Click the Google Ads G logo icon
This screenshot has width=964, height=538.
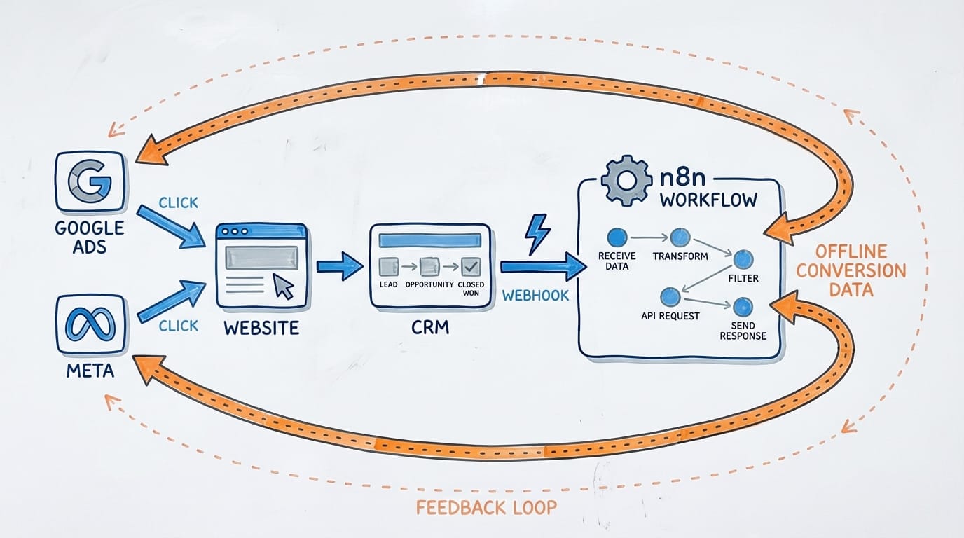point(90,183)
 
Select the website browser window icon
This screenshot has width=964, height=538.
point(261,266)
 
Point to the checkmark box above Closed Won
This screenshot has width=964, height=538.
point(470,266)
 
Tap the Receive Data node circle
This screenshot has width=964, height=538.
point(617,237)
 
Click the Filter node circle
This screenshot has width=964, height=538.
point(743,260)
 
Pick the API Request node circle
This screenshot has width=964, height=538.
point(670,297)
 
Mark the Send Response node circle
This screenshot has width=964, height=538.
point(743,308)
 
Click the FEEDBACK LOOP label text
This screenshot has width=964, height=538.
point(487,507)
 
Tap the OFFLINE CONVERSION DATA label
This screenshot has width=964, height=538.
point(851,270)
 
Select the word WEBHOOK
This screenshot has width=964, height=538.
point(535,296)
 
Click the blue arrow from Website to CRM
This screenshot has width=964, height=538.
point(340,266)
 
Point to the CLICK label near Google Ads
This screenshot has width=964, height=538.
point(178,203)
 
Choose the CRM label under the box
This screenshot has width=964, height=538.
point(431,326)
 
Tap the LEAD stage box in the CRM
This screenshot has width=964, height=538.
point(388,266)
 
